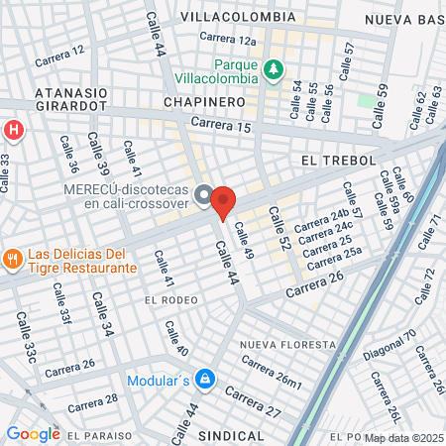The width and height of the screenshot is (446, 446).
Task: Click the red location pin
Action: coord(223,201)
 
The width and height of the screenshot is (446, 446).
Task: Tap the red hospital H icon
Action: coord(13,130)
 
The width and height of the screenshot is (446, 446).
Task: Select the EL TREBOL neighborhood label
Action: coord(334,160)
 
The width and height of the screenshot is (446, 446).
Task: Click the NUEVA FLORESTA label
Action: coord(287,344)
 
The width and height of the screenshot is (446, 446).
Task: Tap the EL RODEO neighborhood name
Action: coord(170,299)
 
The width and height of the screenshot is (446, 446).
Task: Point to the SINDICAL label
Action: coord(232,435)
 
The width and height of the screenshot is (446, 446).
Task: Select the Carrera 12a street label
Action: coord(227,40)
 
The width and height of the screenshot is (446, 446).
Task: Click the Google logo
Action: coord(33,433)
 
